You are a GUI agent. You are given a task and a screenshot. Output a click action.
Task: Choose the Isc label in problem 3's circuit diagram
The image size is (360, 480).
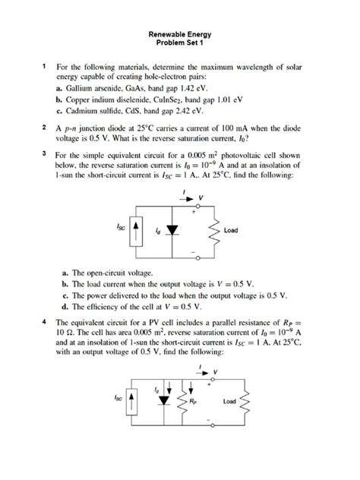click(122, 226)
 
